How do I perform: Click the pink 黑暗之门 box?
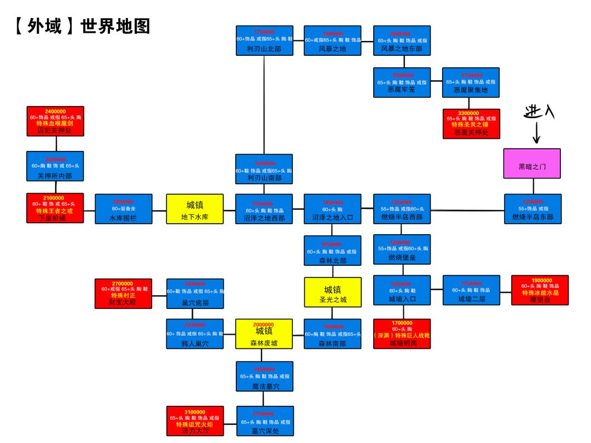(x=532, y=164)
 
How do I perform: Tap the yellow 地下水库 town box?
(x=195, y=209)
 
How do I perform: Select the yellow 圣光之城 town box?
(x=333, y=292)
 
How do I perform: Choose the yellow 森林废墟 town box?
(x=264, y=334)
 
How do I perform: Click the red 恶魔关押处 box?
(x=471, y=124)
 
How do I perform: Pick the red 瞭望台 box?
(x=540, y=290)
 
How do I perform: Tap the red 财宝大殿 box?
(x=123, y=294)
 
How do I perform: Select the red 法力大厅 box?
(x=195, y=421)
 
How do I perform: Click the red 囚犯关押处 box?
(x=55, y=121)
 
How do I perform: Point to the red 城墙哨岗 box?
(x=402, y=334)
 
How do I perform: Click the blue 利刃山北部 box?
(x=264, y=40)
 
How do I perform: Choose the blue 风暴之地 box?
(x=332, y=40)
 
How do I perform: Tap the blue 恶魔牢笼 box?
(x=402, y=83)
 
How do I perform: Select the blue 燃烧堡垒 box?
(x=402, y=249)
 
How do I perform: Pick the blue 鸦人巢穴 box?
(x=195, y=334)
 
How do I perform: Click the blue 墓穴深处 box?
(x=265, y=421)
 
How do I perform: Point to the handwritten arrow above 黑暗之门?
(x=536, y=133)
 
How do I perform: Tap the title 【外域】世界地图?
(x=83, y=26)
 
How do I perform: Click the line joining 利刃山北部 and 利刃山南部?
(x=264, y=104)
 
